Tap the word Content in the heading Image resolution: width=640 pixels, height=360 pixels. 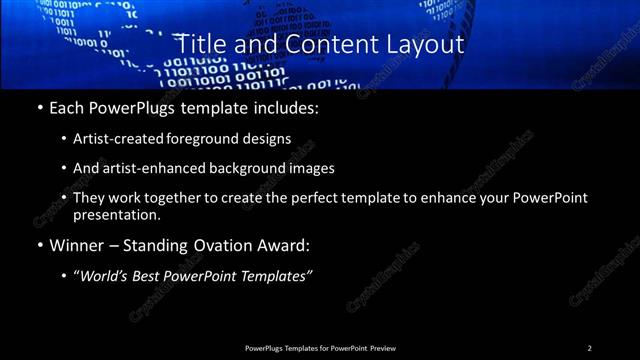tap(320, 45)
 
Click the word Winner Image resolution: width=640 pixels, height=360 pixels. tap(76, 246)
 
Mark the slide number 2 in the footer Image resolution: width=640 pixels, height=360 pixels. tap(589, 348)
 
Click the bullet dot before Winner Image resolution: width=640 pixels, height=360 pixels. tap(39, 246)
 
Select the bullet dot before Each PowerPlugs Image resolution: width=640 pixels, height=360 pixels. tap(39, 107)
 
